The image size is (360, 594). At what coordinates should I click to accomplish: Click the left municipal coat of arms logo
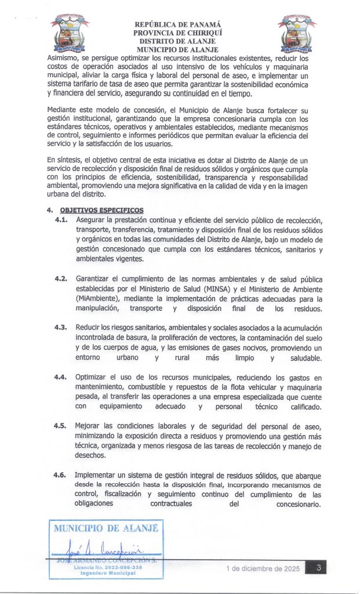70,34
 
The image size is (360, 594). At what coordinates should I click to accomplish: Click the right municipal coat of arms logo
297,34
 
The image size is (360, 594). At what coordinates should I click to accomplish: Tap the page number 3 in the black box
319,568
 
